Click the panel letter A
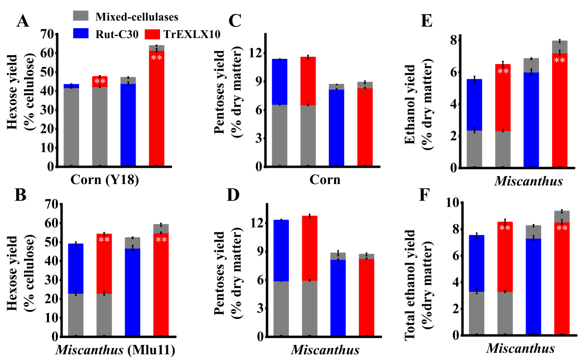(x=22, y=21)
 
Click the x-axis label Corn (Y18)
(x=104, y=181)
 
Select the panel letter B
(x=22, y=195)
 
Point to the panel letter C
(x=235, y=21)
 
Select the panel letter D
(x=235, y=195)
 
